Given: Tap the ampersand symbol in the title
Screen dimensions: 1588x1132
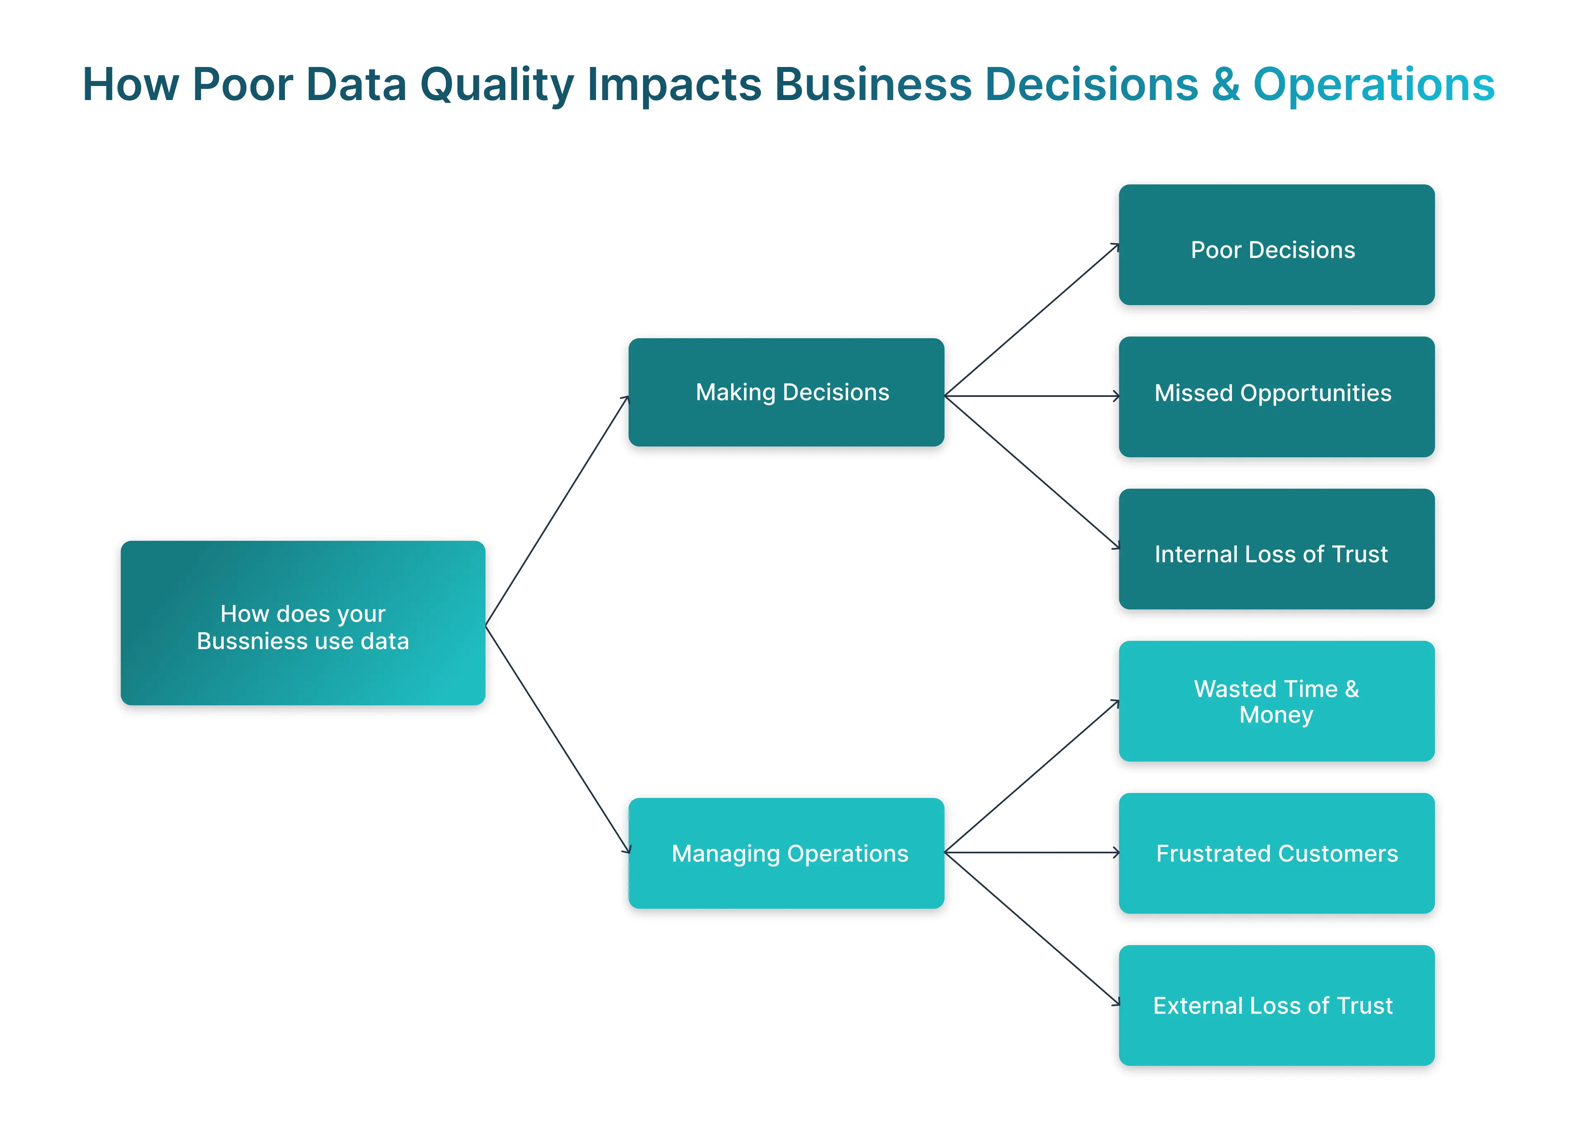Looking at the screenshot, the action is (1225, 85).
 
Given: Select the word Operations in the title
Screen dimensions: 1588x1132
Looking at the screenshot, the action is (1373, 85).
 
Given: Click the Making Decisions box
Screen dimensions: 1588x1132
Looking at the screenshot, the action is (786, 392).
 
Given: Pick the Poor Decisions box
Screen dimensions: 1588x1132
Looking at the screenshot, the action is (1276, 245).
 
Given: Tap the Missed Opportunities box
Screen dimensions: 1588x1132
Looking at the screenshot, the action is (1276, 396).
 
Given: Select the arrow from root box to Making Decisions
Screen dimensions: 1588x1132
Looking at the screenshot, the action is (557, 511).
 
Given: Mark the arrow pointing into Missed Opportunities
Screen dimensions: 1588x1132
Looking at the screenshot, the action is (1032, 396).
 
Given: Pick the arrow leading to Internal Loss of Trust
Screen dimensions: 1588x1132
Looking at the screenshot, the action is (1032, 472).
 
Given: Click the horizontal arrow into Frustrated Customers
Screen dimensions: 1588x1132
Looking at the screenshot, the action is (1032, 853).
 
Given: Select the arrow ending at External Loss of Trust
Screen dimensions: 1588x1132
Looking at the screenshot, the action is (1032, 929).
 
